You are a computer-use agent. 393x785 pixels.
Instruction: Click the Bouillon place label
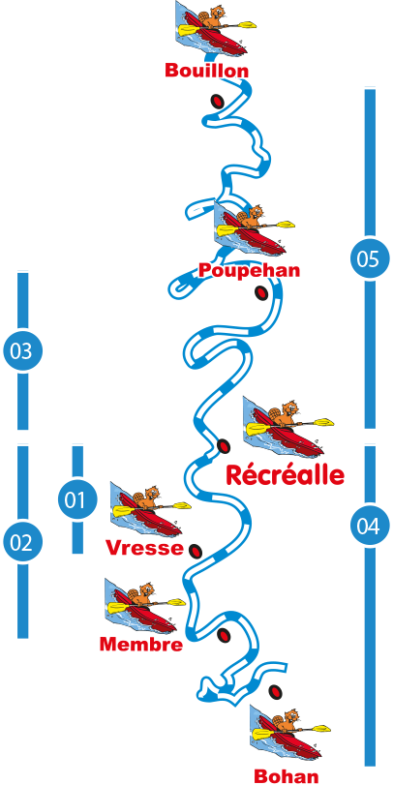pos(206,71)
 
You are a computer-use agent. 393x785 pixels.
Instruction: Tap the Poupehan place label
pos(249,270)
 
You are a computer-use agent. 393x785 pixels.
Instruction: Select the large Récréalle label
pos(286,474)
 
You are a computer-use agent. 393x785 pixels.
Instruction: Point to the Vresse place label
pos(144,548)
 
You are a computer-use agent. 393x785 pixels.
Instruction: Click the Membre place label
pos(141,645)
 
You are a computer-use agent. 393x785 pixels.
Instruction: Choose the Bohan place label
pos(287,776)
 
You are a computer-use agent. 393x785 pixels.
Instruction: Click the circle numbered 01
pos(77,500)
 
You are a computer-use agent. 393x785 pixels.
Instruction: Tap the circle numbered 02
pos(22,543)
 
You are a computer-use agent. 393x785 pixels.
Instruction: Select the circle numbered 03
pos(22,351)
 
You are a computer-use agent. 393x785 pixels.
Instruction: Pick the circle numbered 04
pos(370,526)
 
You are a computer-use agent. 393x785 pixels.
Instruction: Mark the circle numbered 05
pos(370,258)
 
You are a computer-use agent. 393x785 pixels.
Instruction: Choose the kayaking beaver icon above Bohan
pos(289,734)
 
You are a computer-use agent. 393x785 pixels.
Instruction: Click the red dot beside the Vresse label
pos(195,551)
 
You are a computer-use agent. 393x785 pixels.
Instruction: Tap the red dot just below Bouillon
pos(217,102)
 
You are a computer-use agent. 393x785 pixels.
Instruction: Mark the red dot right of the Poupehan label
pos(261,293)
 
